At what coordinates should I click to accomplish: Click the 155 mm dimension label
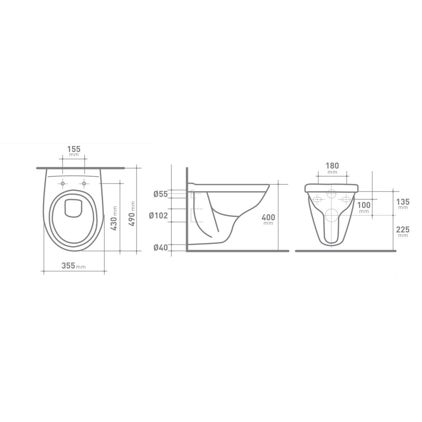(x=74, y=151)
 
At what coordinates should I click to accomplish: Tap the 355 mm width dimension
(x=73, y=266)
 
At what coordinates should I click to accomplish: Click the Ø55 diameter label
(x=161, y=194)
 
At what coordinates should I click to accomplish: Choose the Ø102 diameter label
(x=158, y=216)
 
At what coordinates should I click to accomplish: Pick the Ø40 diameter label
(x=161, y=248)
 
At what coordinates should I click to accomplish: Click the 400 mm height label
(x=268, y=219)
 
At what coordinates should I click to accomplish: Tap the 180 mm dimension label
(x=332, y=168)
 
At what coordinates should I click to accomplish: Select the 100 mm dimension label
(x=364, y=207)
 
